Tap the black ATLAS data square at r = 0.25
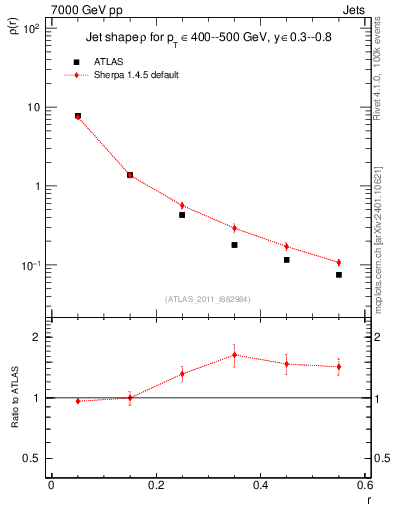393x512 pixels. tap(182, 215)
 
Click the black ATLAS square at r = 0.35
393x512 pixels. tap(234, 245)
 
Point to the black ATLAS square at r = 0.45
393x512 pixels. tap(287, 260)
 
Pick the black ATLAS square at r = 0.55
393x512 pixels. tap(339, 275)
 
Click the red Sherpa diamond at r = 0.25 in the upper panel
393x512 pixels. tap(182, 205)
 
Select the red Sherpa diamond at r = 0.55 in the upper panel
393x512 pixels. tap(339, 263)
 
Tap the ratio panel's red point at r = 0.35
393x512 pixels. tap(234, 355)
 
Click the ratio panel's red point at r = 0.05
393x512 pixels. tap(78, 401)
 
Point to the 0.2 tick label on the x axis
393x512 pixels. tap(155, 485)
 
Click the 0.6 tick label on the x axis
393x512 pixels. tap(365, 485)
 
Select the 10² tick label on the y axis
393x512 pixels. tap(30, 29)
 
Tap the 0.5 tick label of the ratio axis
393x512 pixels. tap(32, 458)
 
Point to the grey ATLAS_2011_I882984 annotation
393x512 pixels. tap(208, 298)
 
